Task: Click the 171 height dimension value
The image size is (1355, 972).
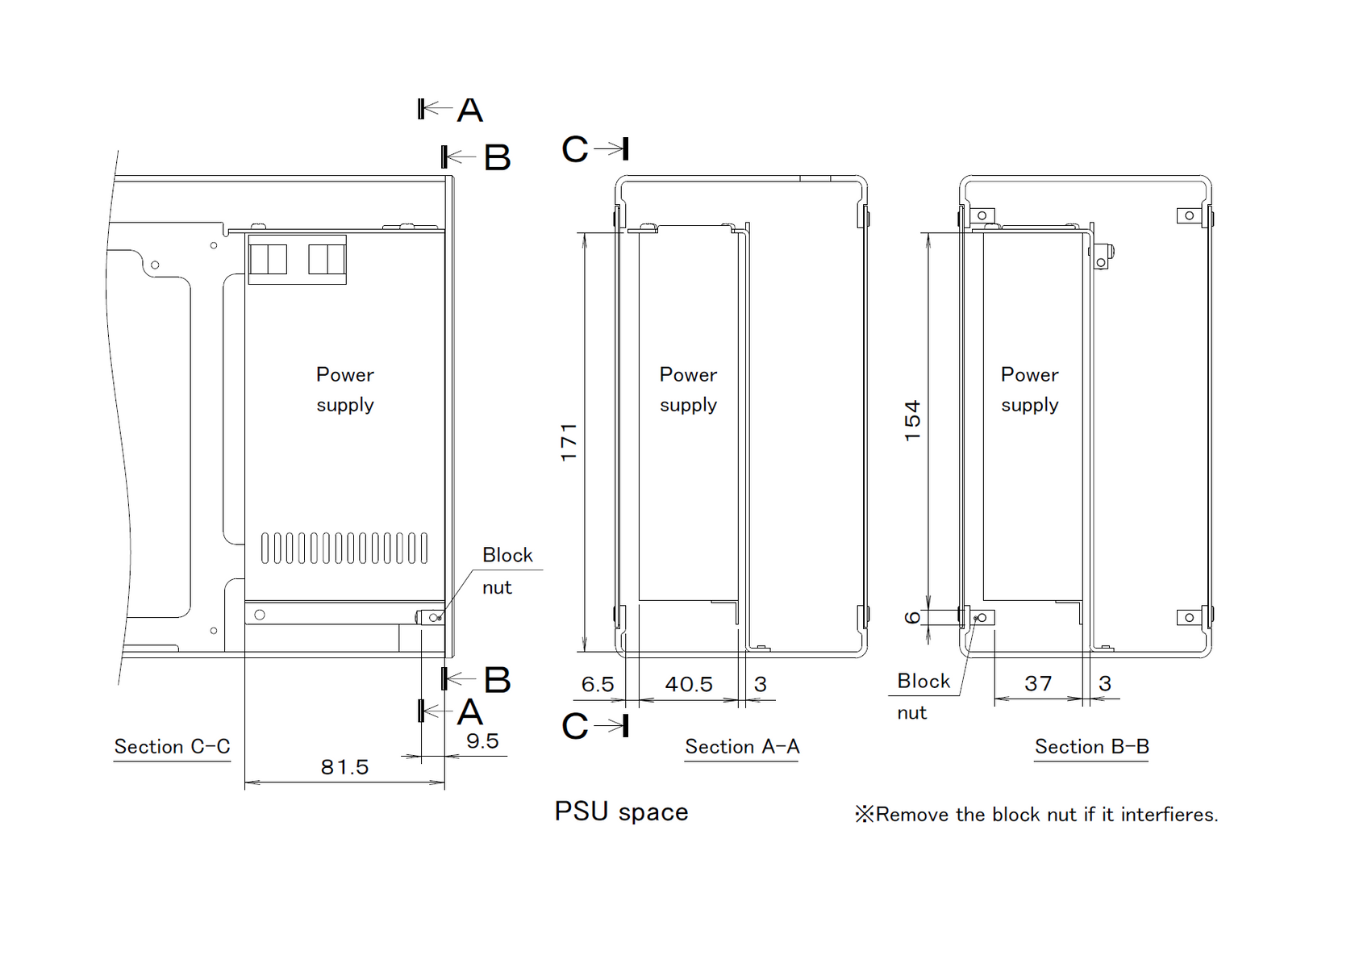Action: [x=569, y=443]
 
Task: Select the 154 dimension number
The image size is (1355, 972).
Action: [x=912, y=421]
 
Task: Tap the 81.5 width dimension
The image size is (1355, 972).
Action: [x=344, y=767]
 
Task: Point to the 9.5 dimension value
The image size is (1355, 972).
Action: [x=482, y=741]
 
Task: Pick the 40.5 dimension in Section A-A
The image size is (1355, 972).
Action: [x=689, y=684]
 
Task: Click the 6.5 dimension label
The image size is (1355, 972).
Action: [x=597, y=684]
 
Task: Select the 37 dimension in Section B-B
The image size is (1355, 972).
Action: [x=1038, y=683]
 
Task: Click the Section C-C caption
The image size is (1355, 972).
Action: [x=173, y=746]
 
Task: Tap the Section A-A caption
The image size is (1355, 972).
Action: [x=742, y=746]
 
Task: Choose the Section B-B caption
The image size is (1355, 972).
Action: [x=1092, y=746]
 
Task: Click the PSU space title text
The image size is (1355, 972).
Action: [x=621, y=812]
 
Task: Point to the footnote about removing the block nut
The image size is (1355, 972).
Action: [x=1036, y=815]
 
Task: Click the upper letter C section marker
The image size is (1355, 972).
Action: [x=574, y=148]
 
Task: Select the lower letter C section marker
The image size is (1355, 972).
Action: [x=574, y=726]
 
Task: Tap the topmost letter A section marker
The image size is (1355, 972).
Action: [x=470, y=110]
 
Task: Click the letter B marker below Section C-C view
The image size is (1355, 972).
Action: [x=497, y=680]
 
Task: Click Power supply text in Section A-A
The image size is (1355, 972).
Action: [x=689, y=390]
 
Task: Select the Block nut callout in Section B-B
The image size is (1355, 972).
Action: [x=923, y=697]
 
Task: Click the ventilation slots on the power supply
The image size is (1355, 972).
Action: [x=344, y=548]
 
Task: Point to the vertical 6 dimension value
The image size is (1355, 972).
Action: [x=912, y=618]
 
